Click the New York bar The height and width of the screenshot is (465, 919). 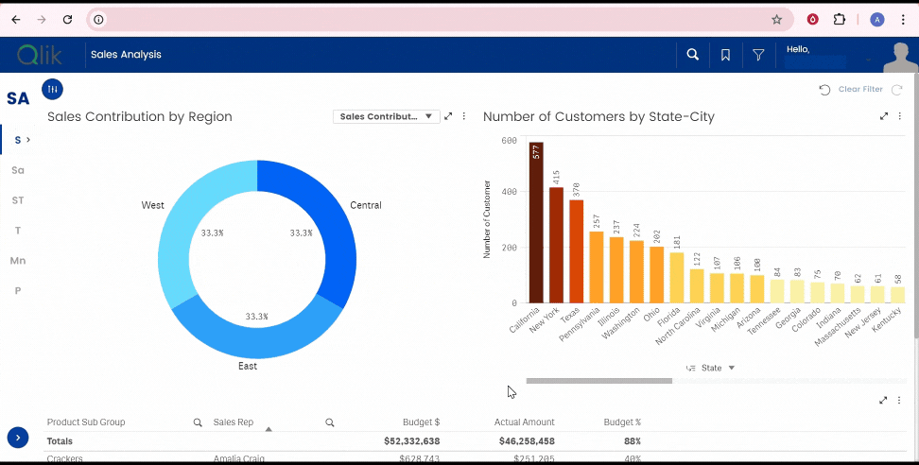pos(556,245)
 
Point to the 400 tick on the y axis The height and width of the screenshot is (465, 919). pos(509,192)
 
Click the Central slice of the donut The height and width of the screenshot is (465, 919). pos(331,227)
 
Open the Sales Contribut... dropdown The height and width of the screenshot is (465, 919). pos(386,116)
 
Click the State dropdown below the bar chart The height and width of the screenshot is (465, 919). pos(711,368)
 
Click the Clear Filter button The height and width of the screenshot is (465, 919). pos(859,89)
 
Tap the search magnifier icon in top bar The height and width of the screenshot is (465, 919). pos(693,55)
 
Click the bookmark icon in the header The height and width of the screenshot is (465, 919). pos(725,55)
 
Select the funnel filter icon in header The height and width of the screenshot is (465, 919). pos(758,55)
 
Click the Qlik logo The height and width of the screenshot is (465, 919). pos(40,55)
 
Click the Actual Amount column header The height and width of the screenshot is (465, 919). pos(524,422)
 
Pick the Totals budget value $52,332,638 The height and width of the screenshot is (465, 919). pos(411,441)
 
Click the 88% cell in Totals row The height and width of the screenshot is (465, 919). pos(631,441)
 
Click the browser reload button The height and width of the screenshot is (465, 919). pos(67,19)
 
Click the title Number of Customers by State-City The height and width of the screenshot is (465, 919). pos(598,116)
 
